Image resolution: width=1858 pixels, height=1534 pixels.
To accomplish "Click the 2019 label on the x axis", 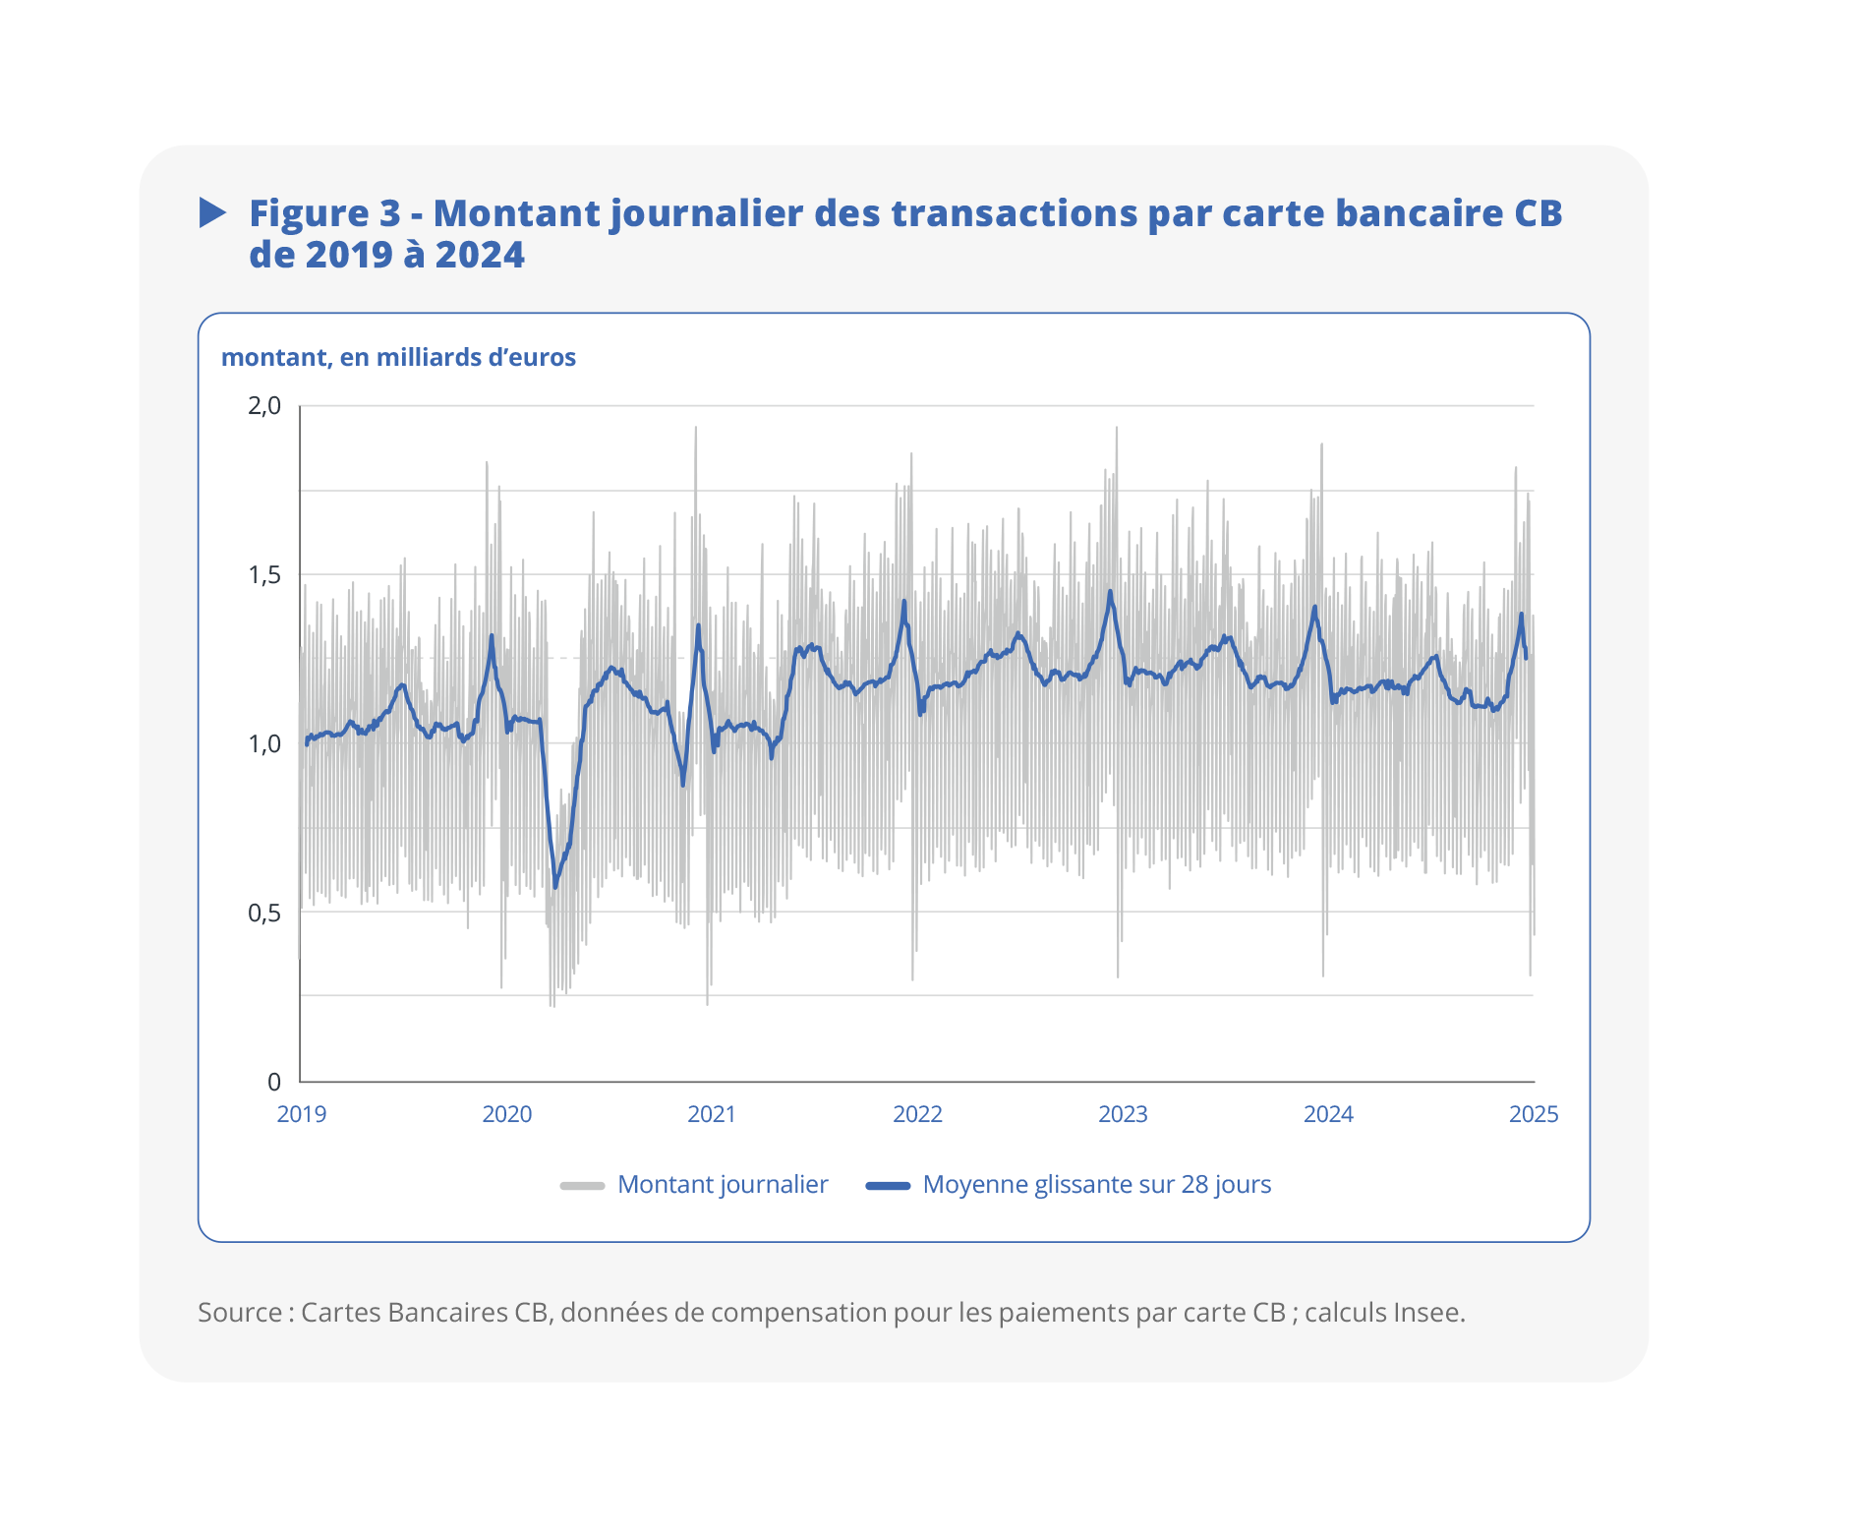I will tap(301, 1114).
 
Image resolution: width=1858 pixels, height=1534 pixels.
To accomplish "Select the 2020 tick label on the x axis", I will tap(506, 1114).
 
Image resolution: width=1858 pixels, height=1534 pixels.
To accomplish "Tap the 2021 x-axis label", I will tap(712, 1114).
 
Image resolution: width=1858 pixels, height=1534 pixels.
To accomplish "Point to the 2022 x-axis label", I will tap(917, 1114).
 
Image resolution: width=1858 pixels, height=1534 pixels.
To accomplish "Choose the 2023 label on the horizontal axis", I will tap(1123, 1114).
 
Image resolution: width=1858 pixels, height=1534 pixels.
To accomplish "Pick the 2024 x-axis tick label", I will tap(1328, 1114).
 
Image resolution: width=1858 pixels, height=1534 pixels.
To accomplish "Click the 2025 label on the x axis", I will tap(1534, 1114).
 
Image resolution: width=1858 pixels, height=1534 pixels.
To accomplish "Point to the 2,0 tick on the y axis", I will tap(264, 405).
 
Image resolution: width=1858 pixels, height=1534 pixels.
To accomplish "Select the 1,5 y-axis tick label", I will tap(264, 574).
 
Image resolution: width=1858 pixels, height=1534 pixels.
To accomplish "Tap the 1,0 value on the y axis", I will tap(264, 743).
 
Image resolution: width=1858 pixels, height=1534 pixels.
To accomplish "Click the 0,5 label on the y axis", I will tap(264, 913).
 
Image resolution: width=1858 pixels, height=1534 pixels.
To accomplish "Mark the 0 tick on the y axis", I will tap(274, 1082).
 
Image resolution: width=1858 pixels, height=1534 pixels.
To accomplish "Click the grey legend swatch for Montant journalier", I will tap(582, 1185).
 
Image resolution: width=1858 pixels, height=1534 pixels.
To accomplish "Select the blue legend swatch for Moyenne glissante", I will tap(888, 1185).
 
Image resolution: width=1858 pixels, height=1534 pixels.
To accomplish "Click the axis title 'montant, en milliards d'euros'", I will tap(398, 357).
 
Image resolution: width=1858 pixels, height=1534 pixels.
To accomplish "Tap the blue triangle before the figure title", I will tap(212, 212).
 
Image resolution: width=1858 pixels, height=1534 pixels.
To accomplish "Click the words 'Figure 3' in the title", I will tap(324, 213).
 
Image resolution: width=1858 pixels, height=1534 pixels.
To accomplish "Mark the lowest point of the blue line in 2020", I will tap(554, 888).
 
